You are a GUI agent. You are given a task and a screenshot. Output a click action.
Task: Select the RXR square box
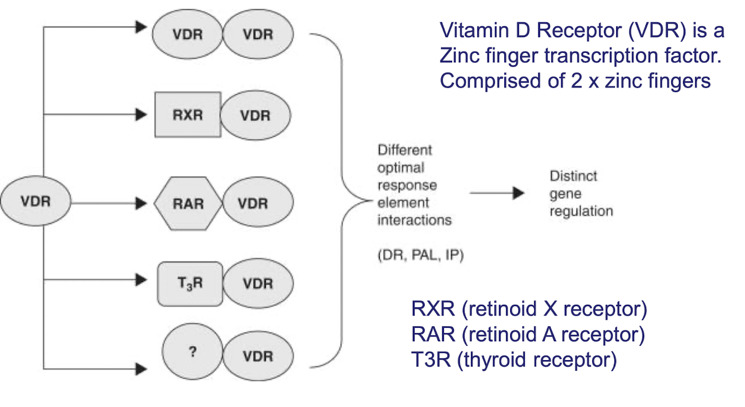coord(187,114)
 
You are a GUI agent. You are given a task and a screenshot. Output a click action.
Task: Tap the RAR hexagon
coord(188,203)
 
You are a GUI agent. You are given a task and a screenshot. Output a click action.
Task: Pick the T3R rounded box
coord(190,284)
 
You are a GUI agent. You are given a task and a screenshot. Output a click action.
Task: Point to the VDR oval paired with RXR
coord(255,115)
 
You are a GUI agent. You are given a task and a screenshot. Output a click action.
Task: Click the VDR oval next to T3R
coord(258,284)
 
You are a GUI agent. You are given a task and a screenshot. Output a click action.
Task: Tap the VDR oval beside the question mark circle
coord(258,357)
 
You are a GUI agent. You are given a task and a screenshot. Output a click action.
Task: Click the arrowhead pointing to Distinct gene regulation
coord(518,194)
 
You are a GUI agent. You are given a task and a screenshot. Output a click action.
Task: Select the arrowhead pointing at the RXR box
coord(141,114)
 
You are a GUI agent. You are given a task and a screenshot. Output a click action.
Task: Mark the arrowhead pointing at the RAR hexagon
coord(141,203)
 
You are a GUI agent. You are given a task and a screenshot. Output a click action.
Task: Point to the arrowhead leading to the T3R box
coord(141,280)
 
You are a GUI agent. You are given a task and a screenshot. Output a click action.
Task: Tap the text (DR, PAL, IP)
coord(420,256)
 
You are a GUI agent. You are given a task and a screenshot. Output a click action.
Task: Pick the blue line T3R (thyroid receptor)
coord(514,359)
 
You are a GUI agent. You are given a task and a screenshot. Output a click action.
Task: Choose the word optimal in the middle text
coord(400,168)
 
